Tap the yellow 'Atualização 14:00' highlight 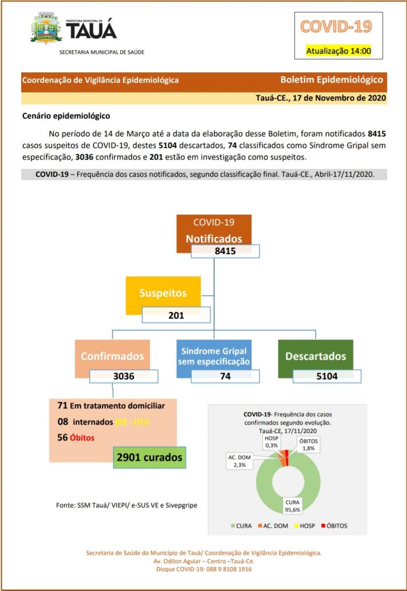pyautogui.click(x=338, y=51)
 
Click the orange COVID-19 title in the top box pyautogui.click(x=336, y=27)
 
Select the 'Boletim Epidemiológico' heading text pyautogui.click(x=331, y=80)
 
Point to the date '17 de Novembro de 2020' pyautogui.click(x=339, y=98)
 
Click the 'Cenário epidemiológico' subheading pyautogui.click(x=66, y=117)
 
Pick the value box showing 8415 pyautogui.click(x=225, y=251)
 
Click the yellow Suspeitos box pyautogui.click(x=163, y=293)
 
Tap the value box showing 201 pyautogui.click(x=176, y=315)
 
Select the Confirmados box pyautogui.click(x=113, y=356)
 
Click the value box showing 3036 pyautogui.click(x=124, y=376)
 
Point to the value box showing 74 pyautogui.click(x=225, y=376)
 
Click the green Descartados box pyautogui.click(x=315, y=356)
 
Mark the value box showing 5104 pyautogui.click(x=327, y=376)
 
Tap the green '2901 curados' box pyautogui.click(x=150, y=457)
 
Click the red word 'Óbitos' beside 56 pyautogui.click(x=82, y=437)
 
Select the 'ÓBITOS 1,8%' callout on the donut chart pyautogui.click(x=308, y=444)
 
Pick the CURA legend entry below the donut pyautogui.click(x=241, y=525)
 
